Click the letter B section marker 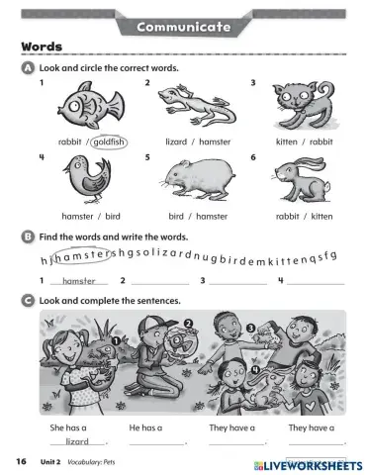pos(27,237)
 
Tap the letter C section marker pos(27,300)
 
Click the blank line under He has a pos(150,442)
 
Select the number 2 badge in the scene pos(188,324)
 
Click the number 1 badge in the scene pos(116,342)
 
